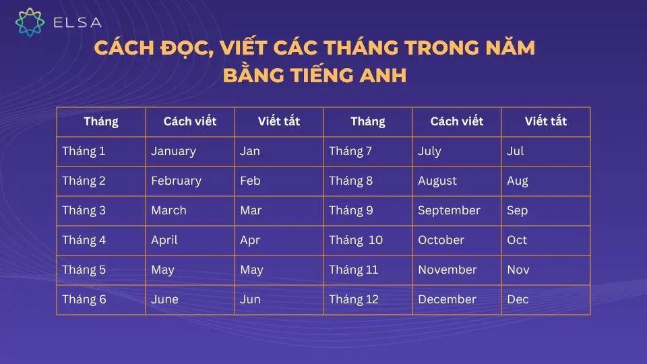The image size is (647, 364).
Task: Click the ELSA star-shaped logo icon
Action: coord(30,22)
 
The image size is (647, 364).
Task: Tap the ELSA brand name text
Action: coord(77,22)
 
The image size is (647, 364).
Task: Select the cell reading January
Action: coord(173,151)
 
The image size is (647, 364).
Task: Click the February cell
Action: coord(176,181)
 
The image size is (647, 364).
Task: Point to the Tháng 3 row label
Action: coord(84,210)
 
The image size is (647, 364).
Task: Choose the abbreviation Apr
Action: coord(249,240)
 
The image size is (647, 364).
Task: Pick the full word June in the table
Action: coord(164,299)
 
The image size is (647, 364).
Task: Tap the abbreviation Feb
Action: coord(250,181)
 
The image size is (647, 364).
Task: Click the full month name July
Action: coord(429,151)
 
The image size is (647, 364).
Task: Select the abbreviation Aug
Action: coord(518,181)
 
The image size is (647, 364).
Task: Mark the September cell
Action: coord(449,210)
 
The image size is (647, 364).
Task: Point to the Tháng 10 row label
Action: coord(356,240)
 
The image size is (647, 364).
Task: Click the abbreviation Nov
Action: coord(518,270)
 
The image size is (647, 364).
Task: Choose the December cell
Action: coord(447,299)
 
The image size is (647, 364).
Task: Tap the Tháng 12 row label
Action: coord(354,299)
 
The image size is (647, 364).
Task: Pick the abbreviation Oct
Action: coord(517,240)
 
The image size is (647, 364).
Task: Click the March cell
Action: coord(168,210)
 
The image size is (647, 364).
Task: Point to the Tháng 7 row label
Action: coord(350,151)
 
